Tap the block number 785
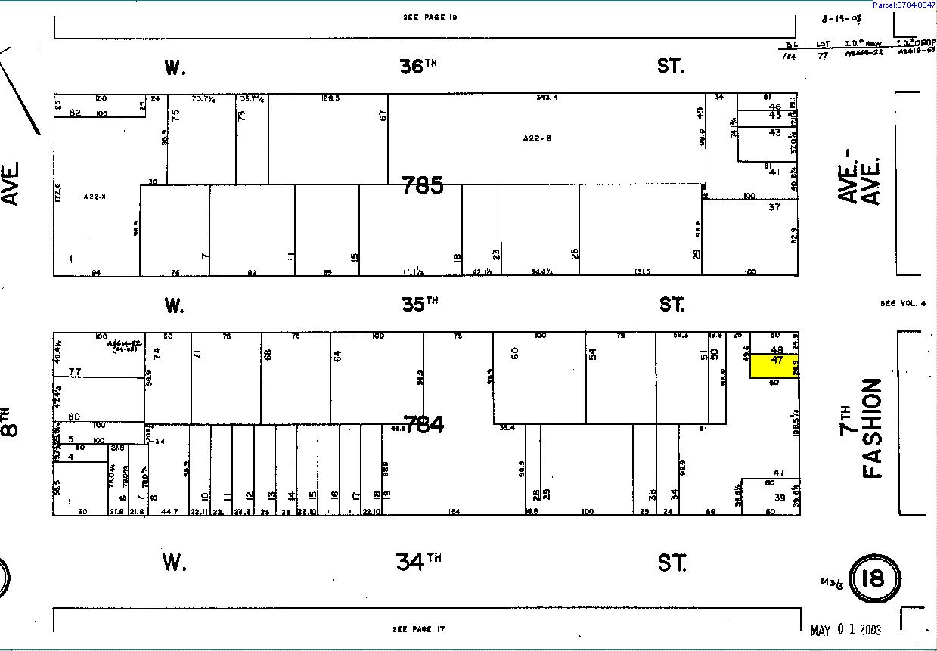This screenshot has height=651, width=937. pos(422,185)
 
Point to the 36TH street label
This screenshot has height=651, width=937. pos(418,67)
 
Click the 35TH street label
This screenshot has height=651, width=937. pos(418,305)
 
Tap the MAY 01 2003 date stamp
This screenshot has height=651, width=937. pos(845,629)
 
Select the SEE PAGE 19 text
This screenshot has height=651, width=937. pos(430,17)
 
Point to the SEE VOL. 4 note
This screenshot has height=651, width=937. pos(902,303)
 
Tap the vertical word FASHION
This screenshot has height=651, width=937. pos(873,428)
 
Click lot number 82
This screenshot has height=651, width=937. pos(74,113)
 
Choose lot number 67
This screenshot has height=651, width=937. pos(383,115)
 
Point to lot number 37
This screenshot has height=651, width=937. pos(774,206)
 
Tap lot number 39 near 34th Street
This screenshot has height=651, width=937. pos(780,498)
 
